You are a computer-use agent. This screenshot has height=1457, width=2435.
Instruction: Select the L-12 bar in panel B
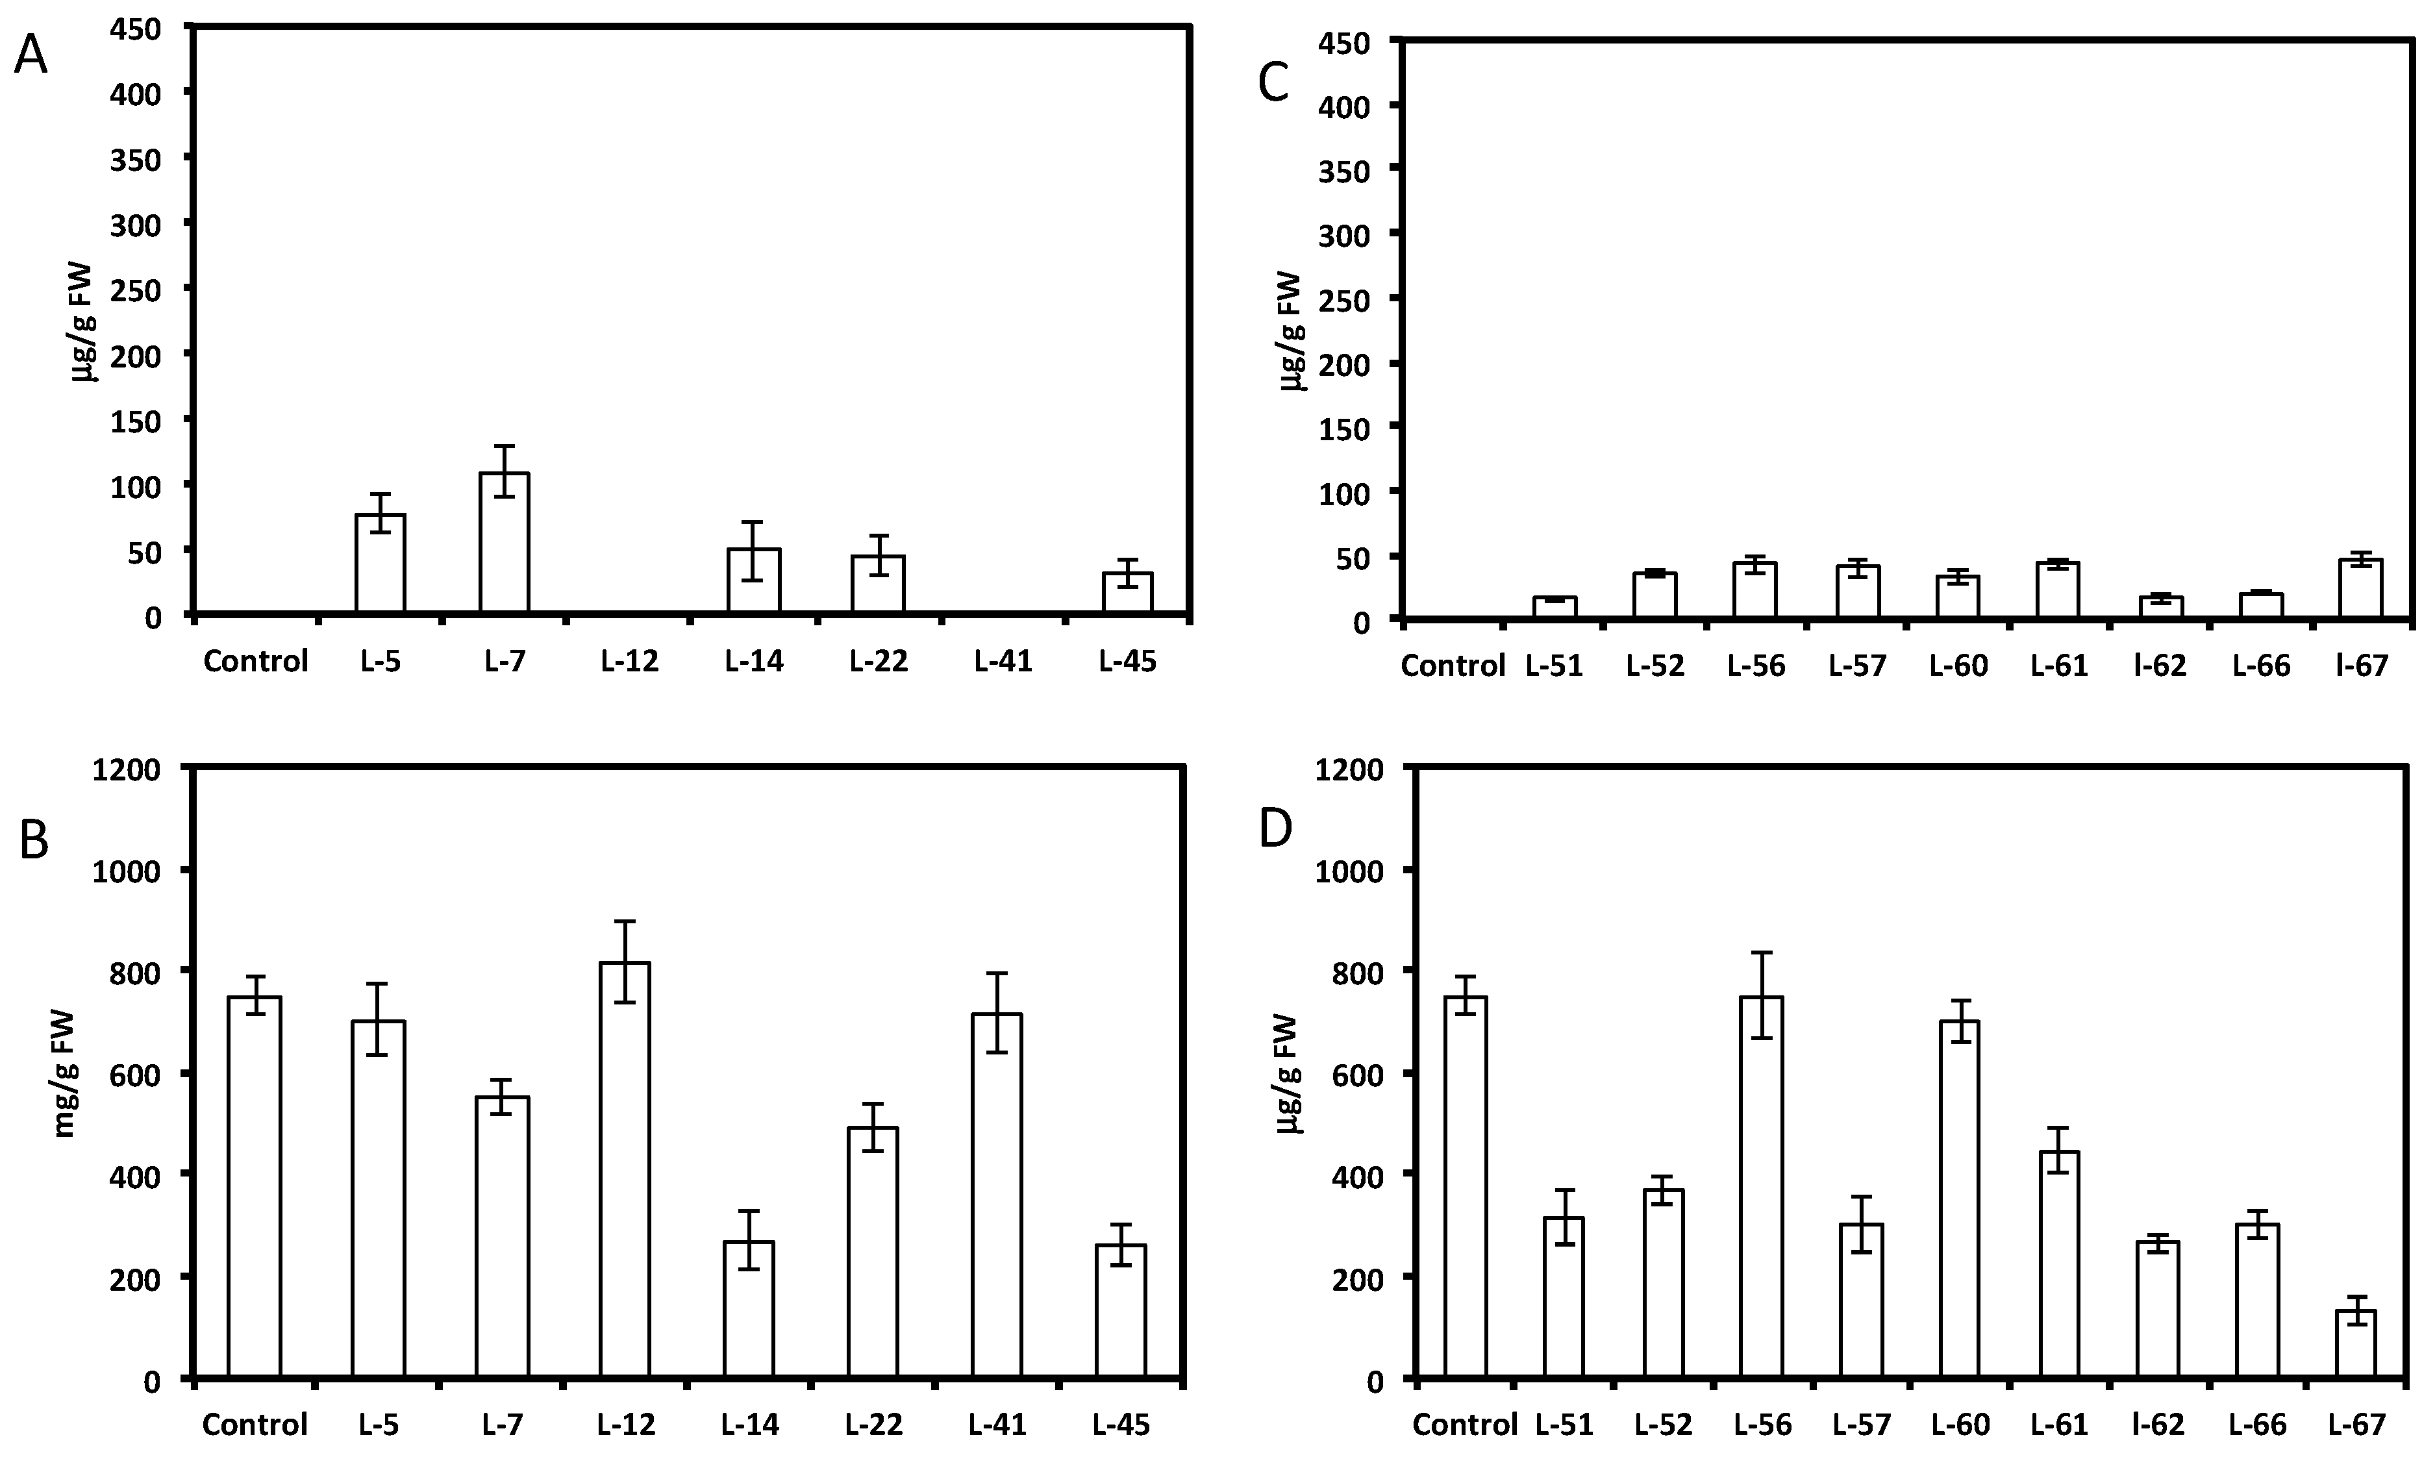[625, 1168]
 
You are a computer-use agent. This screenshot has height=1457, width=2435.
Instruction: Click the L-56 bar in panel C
[1754, 590]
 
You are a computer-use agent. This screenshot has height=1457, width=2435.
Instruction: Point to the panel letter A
[31, 58]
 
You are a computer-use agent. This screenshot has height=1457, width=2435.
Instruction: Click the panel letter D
[1275, 830]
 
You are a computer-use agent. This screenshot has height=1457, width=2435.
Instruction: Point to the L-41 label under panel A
[1003, 662]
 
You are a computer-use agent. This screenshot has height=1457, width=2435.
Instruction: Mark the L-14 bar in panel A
[753, 580]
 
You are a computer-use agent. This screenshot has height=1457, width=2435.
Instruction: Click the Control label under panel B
[255, 1425]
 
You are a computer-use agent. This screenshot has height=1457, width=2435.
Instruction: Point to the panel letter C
[1273, 84]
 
